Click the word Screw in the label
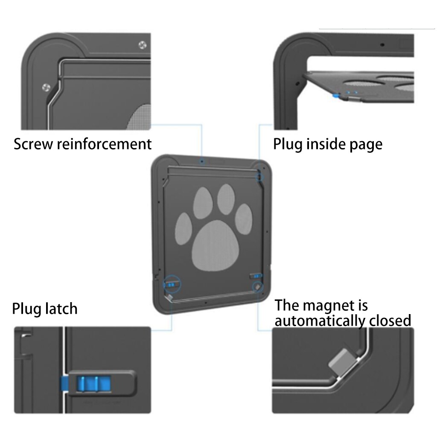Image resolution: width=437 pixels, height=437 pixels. (x=33, y=144)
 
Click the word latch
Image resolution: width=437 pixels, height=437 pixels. (x=60, y=308)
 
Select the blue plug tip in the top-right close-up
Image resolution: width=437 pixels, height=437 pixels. (x=337, y=96)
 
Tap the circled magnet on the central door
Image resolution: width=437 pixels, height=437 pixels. (x=257, y=287)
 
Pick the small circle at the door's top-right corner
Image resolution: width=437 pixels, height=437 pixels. (x=259, y=176)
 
